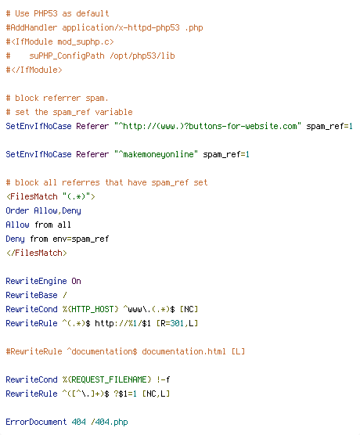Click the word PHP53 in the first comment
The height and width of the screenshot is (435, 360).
point(45,13)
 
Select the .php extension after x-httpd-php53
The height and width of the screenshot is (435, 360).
point(194,27)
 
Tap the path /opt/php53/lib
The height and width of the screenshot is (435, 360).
point(142,56)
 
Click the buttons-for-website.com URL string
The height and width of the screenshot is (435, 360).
point(207,126)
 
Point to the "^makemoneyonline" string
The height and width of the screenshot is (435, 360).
point(156,154)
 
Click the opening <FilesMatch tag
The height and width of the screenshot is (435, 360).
point(31,196)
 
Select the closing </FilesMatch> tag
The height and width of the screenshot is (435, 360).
point(36,253)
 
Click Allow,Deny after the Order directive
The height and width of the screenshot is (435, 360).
point(57,210)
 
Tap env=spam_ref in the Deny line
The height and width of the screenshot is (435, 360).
point(81,239)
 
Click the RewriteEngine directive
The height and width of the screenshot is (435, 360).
point(36,281)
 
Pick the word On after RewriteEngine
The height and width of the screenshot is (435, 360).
point(76,281)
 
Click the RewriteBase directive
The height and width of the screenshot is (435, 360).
point(31,295)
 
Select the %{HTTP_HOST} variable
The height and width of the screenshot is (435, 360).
point(90,309)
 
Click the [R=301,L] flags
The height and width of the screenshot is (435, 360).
point(177,323)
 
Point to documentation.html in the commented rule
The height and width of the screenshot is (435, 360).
point(184,351)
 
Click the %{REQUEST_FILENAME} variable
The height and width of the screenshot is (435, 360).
point(107,379)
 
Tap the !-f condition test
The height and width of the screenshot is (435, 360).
point(164,379)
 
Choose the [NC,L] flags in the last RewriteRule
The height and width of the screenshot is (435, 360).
point(156,394)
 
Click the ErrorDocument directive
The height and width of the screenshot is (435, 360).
point(36,422)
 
